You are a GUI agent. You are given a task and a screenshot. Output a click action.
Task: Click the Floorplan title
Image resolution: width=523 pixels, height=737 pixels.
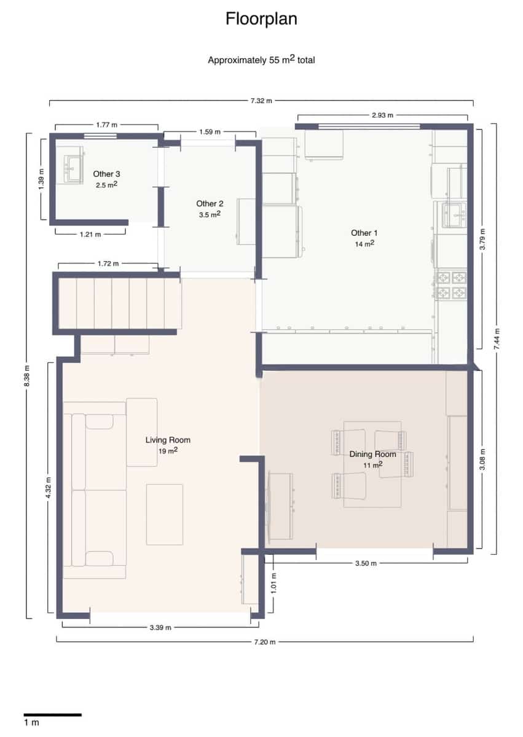tap(261, 19)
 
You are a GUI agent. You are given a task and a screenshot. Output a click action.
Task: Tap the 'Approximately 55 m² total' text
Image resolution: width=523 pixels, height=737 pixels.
tap(261, 60)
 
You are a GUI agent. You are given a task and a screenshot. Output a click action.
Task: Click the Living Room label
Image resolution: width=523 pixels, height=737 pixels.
tap(168, 440)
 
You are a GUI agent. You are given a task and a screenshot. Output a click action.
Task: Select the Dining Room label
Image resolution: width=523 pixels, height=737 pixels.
tap(372, 454)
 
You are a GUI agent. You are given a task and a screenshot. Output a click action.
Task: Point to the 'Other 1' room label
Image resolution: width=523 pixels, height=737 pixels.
tap(364, 233)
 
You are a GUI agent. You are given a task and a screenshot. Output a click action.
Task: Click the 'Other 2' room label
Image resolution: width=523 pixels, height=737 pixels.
tap(210, 203)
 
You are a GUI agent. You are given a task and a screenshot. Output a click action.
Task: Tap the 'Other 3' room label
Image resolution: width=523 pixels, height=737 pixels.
tap(106, 174)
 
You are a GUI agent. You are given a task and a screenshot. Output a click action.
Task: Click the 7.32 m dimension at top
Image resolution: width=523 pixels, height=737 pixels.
tap(261, 100)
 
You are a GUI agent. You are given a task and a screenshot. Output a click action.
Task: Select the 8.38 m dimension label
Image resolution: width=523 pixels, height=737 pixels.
tap(26, 376)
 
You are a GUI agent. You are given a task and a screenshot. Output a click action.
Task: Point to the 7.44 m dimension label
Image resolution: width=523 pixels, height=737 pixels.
tap(497, 338)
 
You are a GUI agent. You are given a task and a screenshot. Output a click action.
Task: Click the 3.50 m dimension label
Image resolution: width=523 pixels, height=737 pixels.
tap(366, 563)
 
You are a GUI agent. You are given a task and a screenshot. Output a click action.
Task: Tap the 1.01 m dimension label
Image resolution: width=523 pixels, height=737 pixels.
tap(274, 583)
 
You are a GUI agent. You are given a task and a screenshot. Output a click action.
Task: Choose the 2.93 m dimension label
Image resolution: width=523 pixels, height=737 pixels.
tap(382, 115)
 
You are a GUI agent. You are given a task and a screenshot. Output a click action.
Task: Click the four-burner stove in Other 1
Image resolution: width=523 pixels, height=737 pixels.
tap(451, 286)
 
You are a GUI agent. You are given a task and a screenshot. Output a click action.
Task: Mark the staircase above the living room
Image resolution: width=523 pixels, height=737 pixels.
tap(120, 303)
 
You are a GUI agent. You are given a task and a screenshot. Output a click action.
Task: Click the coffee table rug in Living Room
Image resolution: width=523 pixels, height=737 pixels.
tap(164, 514)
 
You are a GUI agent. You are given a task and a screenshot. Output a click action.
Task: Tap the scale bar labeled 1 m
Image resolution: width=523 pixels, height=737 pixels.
tap(52, 714)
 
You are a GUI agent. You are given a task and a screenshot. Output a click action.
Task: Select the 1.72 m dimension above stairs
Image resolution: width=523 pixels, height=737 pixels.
tap(108, 263)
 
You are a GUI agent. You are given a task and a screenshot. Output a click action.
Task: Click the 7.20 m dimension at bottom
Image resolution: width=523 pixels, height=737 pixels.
tap(265, 641)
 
